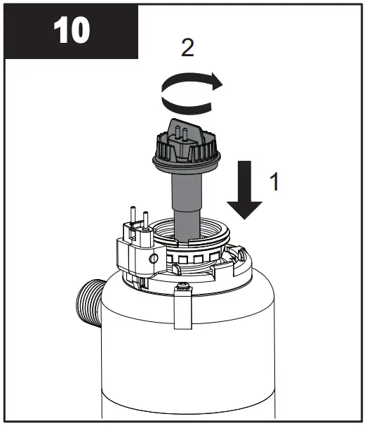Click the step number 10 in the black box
click(70, 32)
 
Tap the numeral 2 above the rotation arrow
click(187, 49)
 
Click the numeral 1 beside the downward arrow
click(275, 182)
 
